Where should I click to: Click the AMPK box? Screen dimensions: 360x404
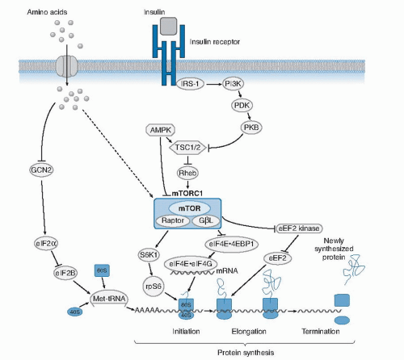(160, 130)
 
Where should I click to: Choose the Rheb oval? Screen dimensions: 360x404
(187, 171)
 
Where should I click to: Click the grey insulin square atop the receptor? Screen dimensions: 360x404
(167, 27)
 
